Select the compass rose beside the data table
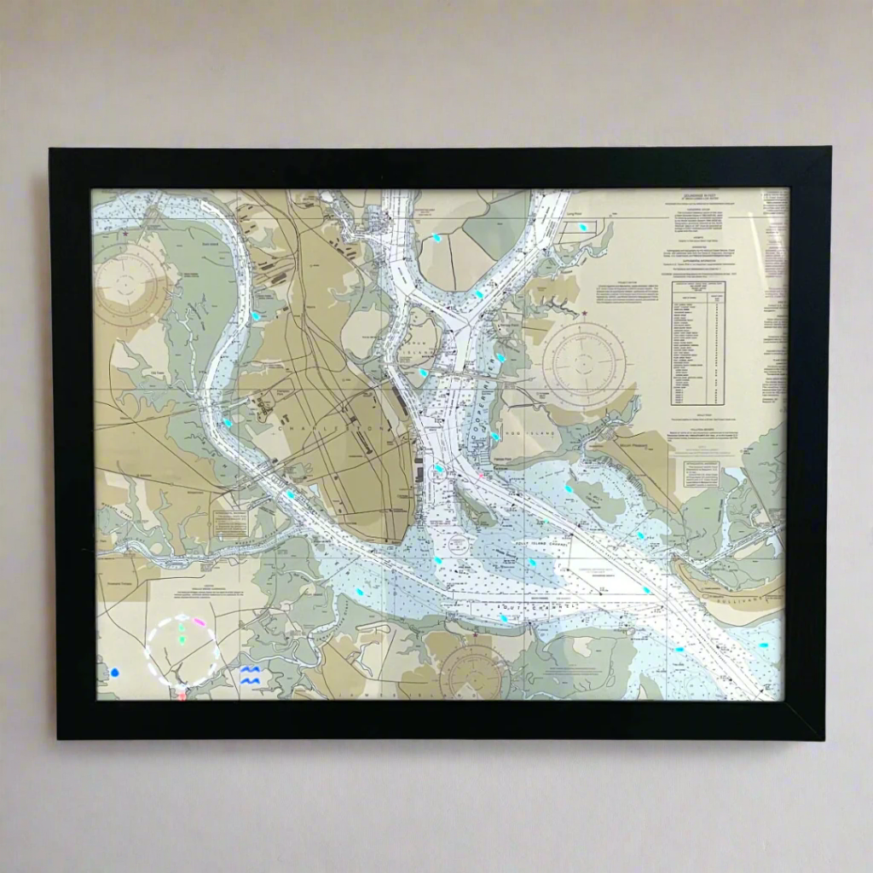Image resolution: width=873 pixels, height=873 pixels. click(x=584, y=364)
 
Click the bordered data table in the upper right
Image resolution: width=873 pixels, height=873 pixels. click(x=698, y=342)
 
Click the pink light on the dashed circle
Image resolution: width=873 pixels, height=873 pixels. click(x=199, y=622)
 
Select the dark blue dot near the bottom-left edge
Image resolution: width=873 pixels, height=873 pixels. click(x=114, y=673)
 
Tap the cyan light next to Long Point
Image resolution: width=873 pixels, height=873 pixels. click(x=582, y=228)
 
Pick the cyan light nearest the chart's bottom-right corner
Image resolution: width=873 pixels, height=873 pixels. click(x=763, y=645)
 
